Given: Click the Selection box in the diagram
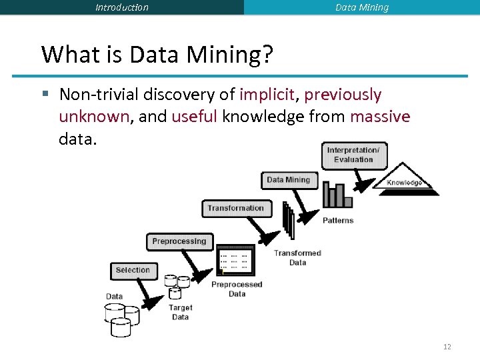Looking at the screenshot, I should coord(133,271).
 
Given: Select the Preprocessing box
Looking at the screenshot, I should coord(179,241).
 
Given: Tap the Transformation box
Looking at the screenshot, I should coord(236,208).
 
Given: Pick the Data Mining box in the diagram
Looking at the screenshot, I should coord(288,180).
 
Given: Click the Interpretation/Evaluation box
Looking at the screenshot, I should coord(353,155).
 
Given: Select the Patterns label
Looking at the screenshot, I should coord(338,221).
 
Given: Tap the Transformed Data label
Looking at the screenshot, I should coord(297,258).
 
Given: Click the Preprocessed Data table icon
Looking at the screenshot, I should coord(235,261).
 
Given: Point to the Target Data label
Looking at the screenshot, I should coord(180,312).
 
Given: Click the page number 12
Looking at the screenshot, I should coord(447,347).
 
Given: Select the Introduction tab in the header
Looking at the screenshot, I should coord(122,7).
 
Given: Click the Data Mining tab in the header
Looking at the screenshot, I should coord(361,7).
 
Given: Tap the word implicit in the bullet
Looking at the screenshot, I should coord(267,95).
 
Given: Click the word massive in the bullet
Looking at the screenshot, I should coord(380,117).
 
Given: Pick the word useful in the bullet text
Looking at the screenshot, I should coord(194,117).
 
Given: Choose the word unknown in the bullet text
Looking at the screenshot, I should coord(94,117).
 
